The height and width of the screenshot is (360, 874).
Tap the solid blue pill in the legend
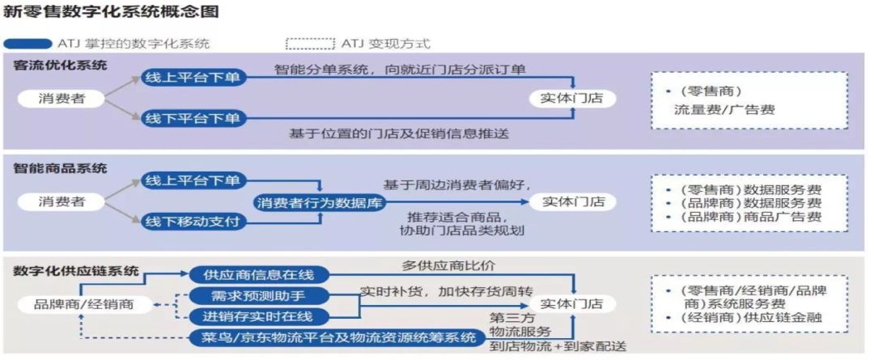28,43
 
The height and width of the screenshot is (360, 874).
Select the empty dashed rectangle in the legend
310,43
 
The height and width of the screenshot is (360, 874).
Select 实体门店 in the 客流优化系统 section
572,99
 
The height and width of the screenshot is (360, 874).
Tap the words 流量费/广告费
724,109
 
